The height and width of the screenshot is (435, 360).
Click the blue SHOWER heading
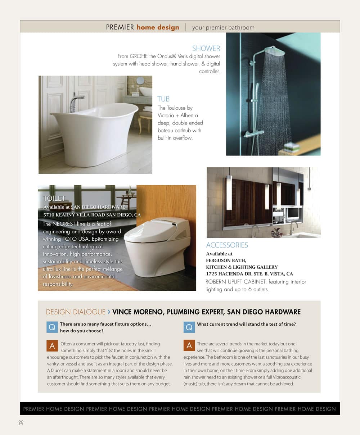click(206, 48)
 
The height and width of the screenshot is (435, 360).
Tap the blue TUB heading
click(163, 99)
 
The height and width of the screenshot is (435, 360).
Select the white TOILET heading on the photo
click(54, 198)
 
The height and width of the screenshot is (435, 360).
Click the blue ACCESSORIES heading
click(227, 245)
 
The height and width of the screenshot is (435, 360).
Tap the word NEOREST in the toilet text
click(64, 224)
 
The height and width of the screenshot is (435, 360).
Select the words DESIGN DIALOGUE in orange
click(76, 312)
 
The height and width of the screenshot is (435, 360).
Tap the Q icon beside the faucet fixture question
click(52, 327)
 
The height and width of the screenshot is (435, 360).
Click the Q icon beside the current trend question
click(189, 327)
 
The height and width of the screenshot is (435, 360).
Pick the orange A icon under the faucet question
click(52, 346)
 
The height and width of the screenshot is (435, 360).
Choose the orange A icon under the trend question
click(189, 346)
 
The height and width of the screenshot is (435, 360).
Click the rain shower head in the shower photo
click(274, 51)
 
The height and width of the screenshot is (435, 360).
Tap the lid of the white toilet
click(151, 230)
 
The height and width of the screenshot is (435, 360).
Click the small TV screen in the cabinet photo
click(292, 213)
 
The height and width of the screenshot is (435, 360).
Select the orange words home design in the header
click(158, 27)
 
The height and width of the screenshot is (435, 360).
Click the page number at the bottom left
click(21, 422)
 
